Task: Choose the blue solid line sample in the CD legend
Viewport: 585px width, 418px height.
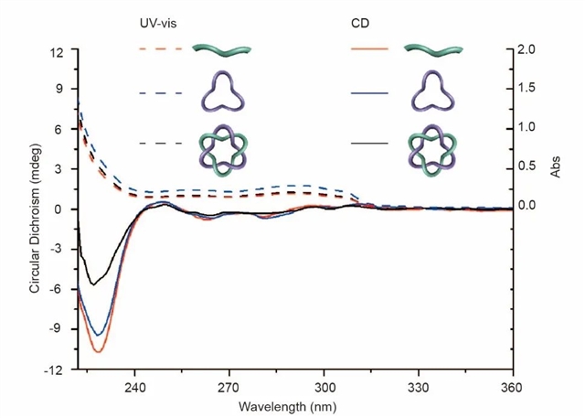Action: pos(369,93)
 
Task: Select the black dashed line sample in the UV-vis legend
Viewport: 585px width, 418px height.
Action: pos(162,144)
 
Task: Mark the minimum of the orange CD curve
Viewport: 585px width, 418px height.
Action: pos(98,351)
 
